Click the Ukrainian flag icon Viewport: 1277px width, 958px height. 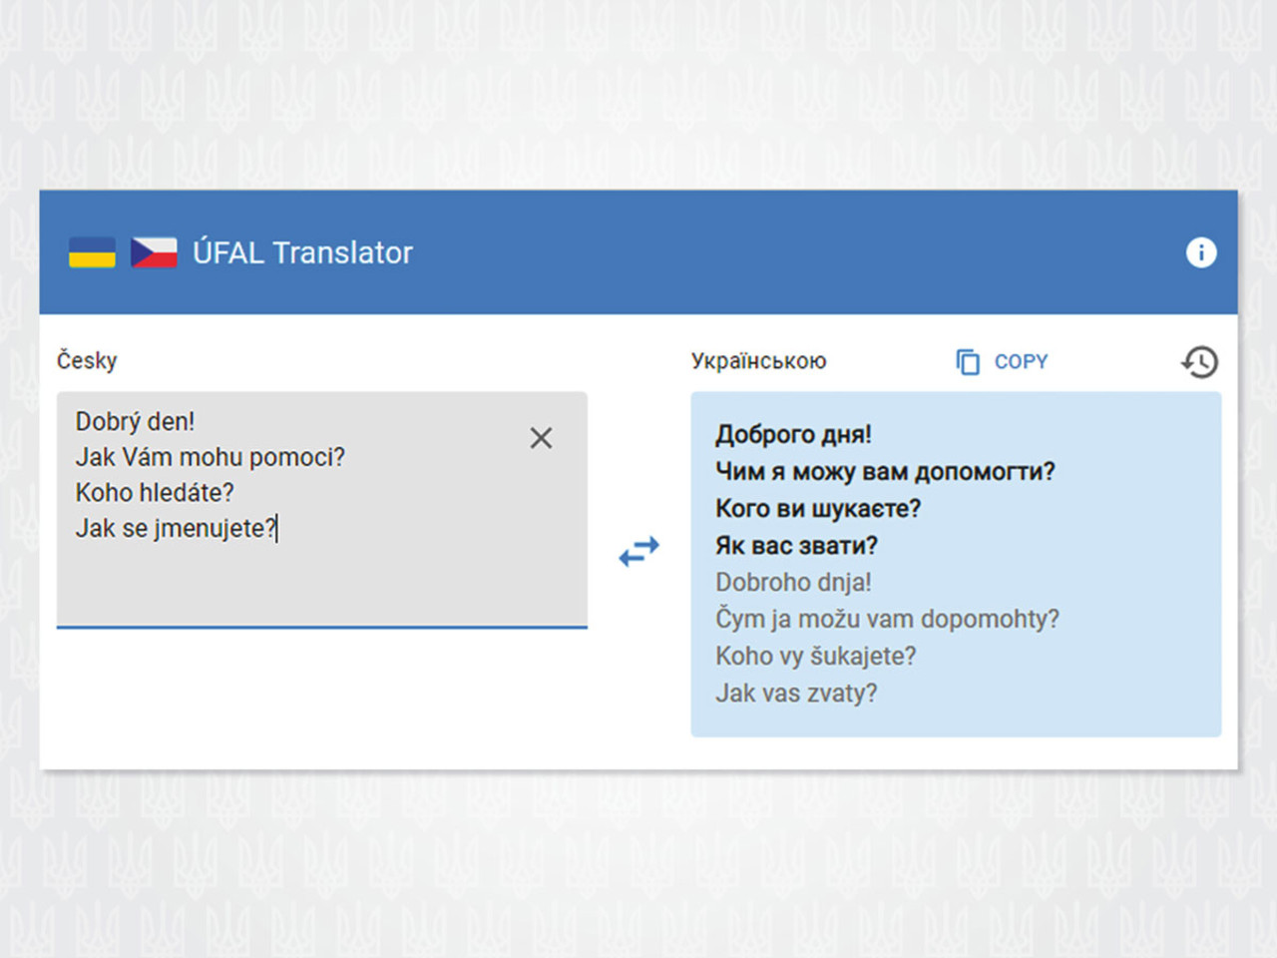click(92, 252)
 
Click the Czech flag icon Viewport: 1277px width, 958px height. click(154, 252)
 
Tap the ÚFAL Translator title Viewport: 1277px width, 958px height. click(302, 253)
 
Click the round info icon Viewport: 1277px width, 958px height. click(1201, 252)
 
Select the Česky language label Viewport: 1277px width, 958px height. click(87, 360)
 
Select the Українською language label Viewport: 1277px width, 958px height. click(758, 361)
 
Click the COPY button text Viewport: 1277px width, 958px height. click(1021, 362)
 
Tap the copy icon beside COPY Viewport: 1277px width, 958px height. click(968, 362)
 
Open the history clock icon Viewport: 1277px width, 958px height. click(1199, 362)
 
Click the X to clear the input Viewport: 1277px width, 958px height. click(541, 438)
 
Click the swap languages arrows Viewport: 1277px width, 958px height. click(638, 551)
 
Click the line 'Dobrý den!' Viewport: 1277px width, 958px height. click(135, 422)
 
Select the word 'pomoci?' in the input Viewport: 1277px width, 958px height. click(297, 458)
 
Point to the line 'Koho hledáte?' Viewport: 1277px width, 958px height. click(155, 493)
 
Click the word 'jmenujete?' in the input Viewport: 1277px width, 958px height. click(214, 529)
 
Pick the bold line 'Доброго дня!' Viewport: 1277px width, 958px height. click(793, 434)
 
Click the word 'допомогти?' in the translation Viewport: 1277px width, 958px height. click(985, 472)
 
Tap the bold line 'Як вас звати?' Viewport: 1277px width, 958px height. click(796, 546)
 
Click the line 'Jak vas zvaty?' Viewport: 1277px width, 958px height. click(796, 694)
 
